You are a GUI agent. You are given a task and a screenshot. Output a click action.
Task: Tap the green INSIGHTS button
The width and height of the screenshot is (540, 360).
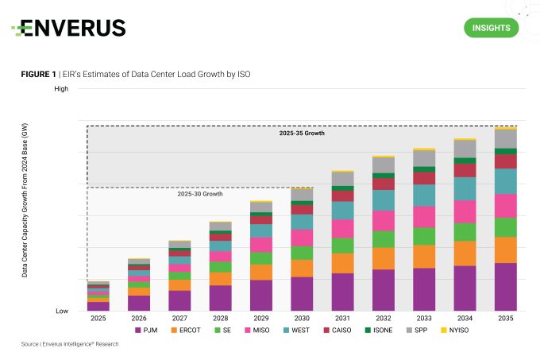point(491,28)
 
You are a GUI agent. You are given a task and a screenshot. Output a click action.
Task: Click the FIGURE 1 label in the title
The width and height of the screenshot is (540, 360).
point(38,73)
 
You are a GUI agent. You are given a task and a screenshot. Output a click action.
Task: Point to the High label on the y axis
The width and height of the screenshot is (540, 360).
point(61,88)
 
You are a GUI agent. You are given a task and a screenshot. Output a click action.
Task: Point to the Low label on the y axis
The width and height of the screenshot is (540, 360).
point(61,311)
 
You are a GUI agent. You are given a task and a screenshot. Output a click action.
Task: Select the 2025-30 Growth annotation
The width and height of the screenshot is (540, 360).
point(199,194)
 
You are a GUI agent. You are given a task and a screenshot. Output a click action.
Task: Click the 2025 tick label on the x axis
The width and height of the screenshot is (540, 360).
point(98,318)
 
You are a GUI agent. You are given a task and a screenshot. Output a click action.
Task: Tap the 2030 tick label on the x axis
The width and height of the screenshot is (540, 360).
point(302,318)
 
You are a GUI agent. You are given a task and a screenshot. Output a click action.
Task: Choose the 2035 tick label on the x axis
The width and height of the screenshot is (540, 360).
point(506,318)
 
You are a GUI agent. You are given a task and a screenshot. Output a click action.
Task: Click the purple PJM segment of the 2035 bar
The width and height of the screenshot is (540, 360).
point(506,287)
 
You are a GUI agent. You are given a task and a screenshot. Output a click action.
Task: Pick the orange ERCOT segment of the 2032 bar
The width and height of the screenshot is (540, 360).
point(384,258)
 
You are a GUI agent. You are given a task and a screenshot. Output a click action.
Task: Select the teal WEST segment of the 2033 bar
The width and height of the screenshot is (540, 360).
point(424,195)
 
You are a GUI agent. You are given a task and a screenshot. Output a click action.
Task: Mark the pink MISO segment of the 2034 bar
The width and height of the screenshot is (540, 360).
point(465,211)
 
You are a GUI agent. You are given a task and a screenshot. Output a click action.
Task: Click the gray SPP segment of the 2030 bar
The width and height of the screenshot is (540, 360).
point(302,195)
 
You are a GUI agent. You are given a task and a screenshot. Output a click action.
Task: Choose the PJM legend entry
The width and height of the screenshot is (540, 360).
point(148,329)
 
